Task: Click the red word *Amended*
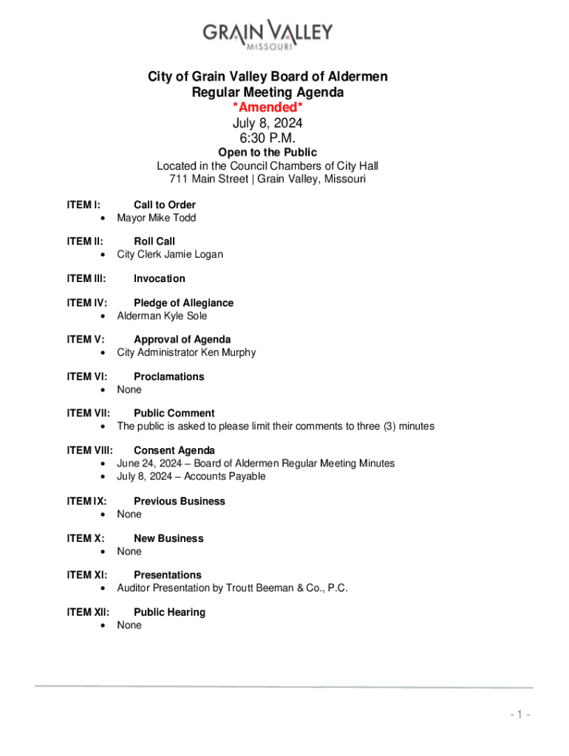click(x=268, y=109)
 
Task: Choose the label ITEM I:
click(x=84, y=205)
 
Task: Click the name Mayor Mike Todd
click(x=156, y=218)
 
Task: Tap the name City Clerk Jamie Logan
click(x=170, y=255)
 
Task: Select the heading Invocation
click(x=159, y=278)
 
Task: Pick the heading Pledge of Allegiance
click(x=183, y=303)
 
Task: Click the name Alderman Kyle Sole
click(x=162, y=316)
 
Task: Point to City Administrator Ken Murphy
click(x=186, y=352)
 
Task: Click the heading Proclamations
click(x=168, y=377)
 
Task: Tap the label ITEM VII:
click(x=89, y=413)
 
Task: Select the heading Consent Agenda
click(x=174, y=450)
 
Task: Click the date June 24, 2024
click(x=149, y=464)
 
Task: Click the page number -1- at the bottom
click(x=520, y=715)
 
